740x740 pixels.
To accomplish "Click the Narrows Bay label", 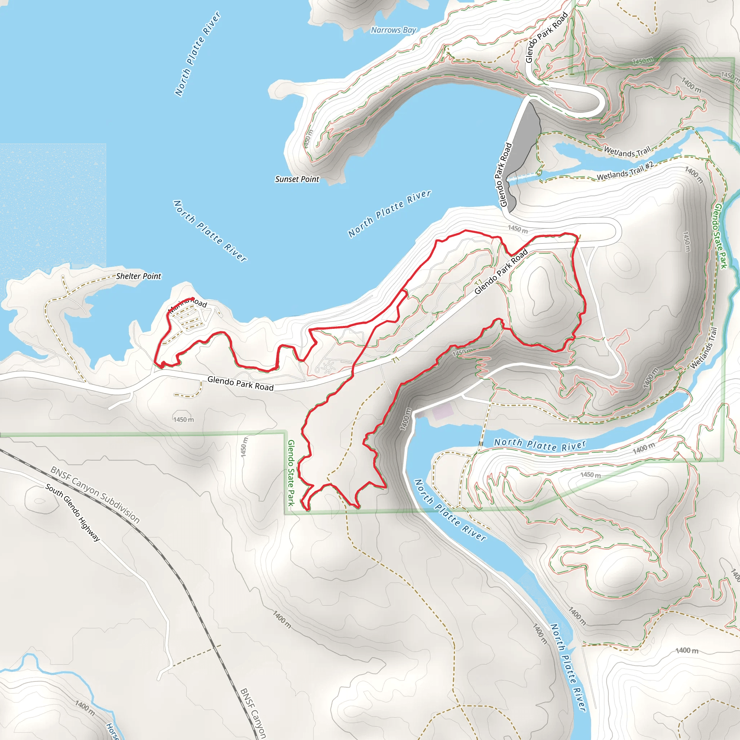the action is (393, 30).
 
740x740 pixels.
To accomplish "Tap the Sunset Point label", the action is (297, 179).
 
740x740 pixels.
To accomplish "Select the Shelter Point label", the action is (139, 276).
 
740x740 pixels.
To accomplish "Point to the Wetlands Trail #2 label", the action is (625, 171).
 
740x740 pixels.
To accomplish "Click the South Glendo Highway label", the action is (73, 512).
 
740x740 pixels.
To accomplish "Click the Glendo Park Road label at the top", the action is (546, 38).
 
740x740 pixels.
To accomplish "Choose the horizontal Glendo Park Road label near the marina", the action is (240, 383).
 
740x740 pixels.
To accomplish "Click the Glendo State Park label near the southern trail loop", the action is (291, 473).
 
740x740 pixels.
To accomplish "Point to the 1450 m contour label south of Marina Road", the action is (184, 420).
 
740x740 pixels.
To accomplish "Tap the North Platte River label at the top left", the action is (198, 53).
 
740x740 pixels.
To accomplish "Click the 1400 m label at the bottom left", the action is (85, 708).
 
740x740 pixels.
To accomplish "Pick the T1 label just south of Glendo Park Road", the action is (396, 360).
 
